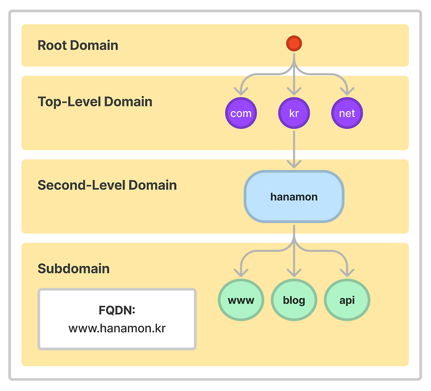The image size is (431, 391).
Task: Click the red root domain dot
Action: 294,44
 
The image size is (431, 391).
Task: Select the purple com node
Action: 241,114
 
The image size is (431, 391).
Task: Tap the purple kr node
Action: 294,114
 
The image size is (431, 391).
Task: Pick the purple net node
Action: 347,114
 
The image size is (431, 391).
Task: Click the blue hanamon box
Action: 294,197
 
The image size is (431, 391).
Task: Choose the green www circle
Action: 241,300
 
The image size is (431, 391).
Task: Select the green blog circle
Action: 294,300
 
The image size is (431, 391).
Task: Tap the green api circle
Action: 347,300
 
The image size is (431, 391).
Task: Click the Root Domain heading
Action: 78,45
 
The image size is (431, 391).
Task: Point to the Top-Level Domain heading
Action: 95,101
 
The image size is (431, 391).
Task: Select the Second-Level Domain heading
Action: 107,185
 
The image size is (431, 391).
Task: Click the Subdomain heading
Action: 73,269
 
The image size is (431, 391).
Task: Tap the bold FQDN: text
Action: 117,311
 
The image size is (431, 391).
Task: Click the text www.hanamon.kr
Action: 117,327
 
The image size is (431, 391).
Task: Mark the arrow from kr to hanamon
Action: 294,148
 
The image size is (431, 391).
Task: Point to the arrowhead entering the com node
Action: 241,90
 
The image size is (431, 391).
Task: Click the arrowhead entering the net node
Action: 347,90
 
